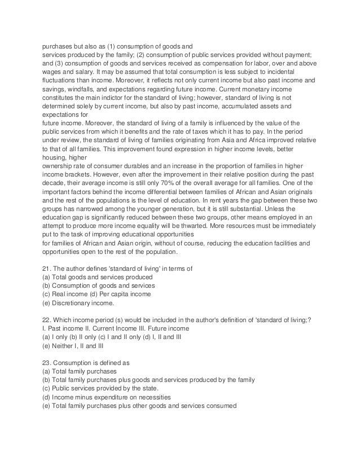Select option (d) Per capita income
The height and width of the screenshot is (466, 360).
tap(124, 293)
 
